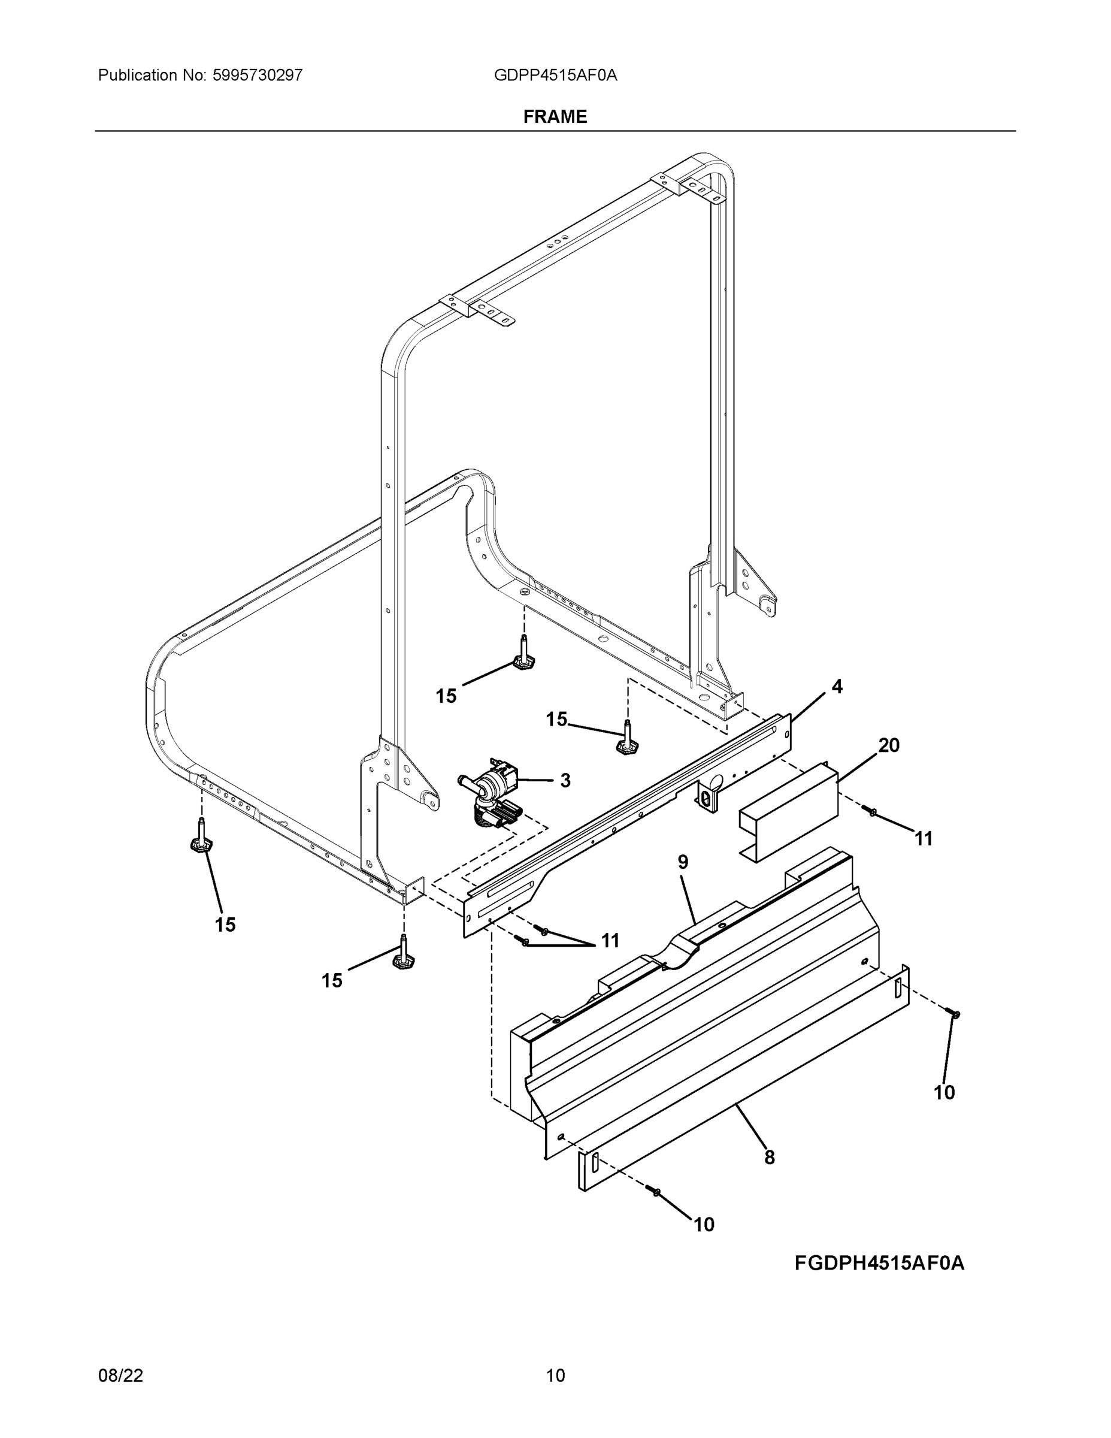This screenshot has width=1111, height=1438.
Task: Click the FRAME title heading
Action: coord(555,117)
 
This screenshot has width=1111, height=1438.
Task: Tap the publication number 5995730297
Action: coord(258,75)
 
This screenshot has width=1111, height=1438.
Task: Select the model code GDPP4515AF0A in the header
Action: coord(556,75)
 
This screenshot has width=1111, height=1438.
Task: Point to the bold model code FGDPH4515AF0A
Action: coord(879,1263)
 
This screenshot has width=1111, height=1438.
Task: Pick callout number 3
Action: coord(565,780)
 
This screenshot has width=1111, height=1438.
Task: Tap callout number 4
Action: coord(837,687)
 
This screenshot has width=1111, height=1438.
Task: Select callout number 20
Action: coord(889,745)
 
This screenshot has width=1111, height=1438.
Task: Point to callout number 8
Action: coord(770,1158)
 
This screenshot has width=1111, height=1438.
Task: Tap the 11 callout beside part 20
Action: coord(924,839)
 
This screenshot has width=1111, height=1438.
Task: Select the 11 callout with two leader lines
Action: coord(610,941)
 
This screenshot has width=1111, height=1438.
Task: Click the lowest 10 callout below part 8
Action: coord(704,1225)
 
